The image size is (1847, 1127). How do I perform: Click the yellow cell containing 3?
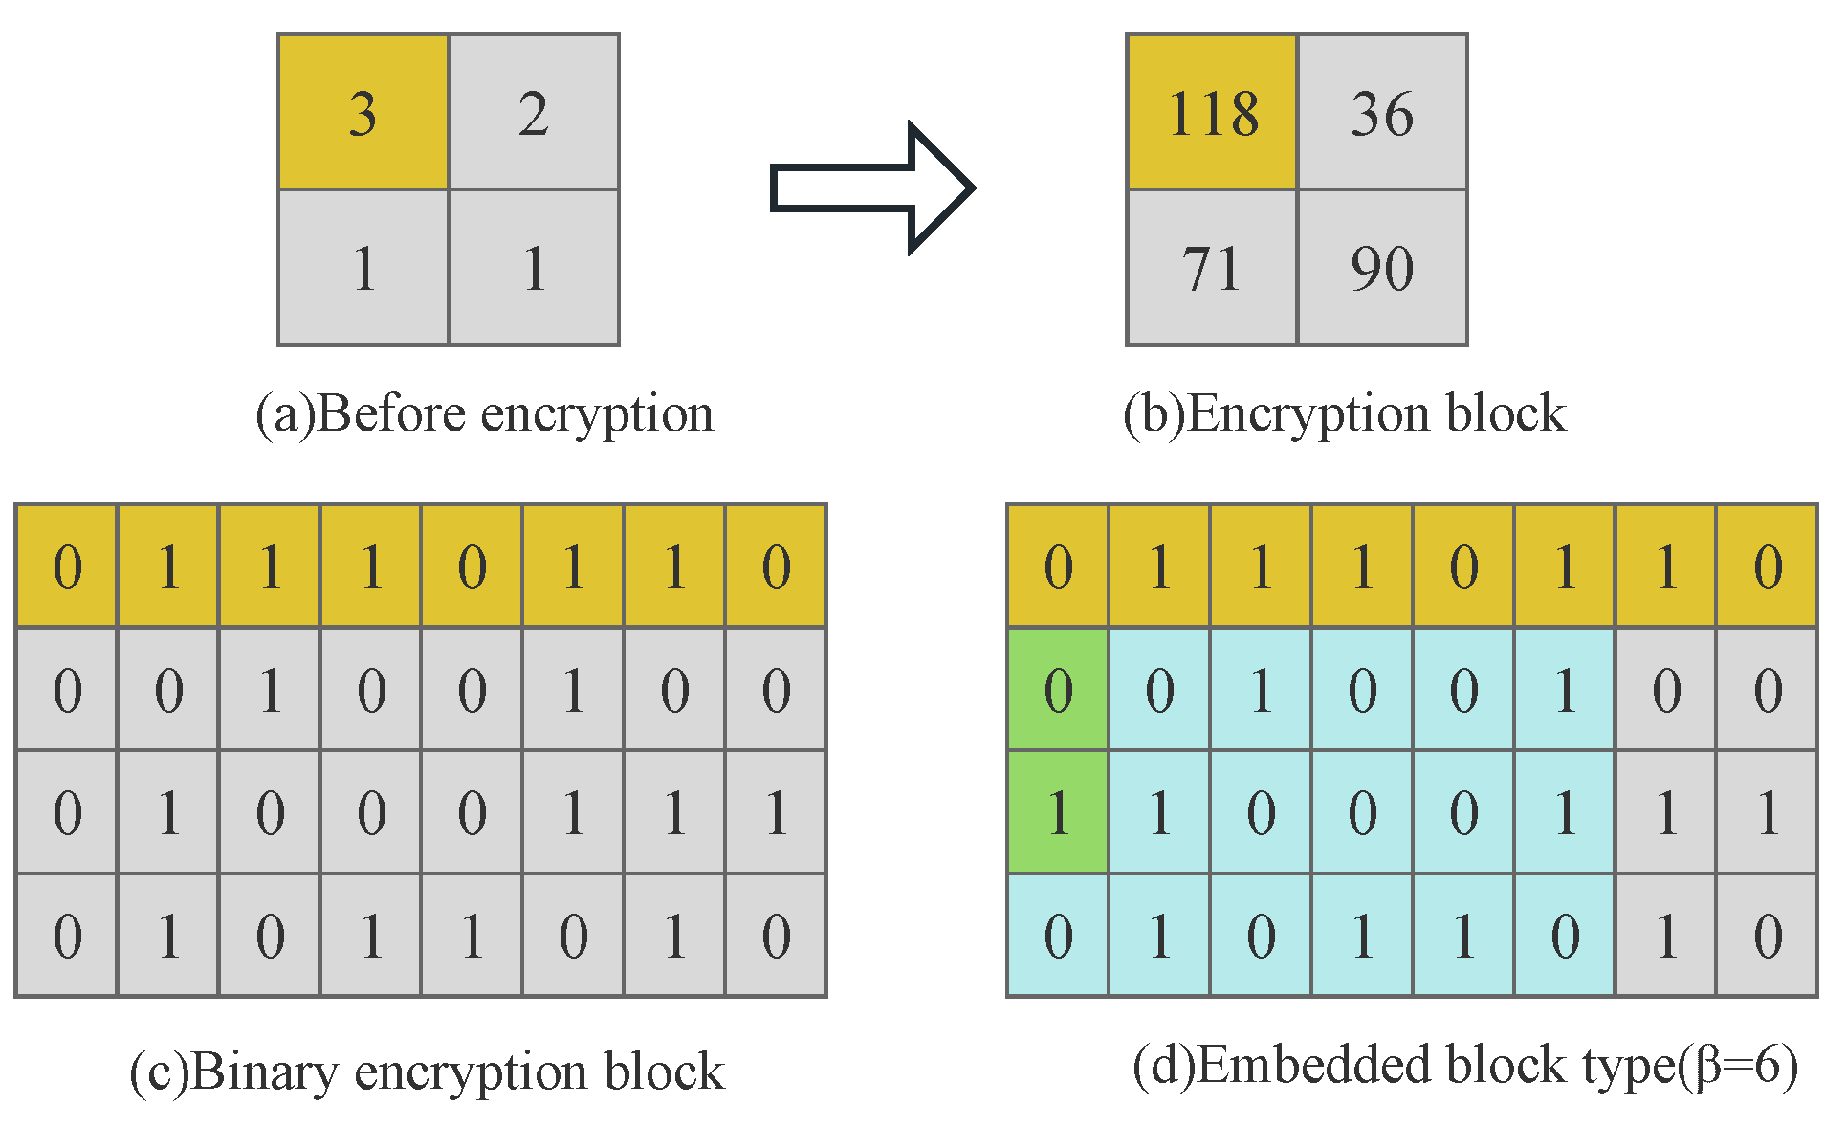pyautogui.click(x=363, y=112)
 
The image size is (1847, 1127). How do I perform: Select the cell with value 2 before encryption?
pyautogui.click(x=534, y=112)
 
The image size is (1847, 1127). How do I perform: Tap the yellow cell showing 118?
pyautogui.click(x=1212, y=112)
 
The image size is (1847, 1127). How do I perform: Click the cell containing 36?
pyautogui.click(x=1382, y=112)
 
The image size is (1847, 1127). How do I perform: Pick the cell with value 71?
pyautogui.click(x=1212, y=268)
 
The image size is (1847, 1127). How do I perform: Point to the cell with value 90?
pyautogui.click(x=1382, y=268)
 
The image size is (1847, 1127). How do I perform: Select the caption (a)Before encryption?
pyautogui.click(x=484, y=414)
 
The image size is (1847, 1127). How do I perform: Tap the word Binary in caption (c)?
pyautogui.click(x=264, y=1071)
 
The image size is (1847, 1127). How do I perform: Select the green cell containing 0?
pyautogui.click(x=1058, y=689)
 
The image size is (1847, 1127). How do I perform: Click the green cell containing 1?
pyautogui.click(x=1058, y=811)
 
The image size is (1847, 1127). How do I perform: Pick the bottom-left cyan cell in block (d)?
pyautogui.click(x=1058, y=935)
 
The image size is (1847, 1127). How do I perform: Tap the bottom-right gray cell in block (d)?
pyautogui.click(x=1768, y=935)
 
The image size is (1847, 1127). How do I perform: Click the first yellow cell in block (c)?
pyautogui.click(x=67, y=565)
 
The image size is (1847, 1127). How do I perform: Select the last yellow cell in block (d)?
pyautogui.click(x=1768, y=565)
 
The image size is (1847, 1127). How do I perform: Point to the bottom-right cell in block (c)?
pyautogui.click(x=776, y=935)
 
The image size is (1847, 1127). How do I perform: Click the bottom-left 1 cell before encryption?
pyautogui.click(x=363, y=268)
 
